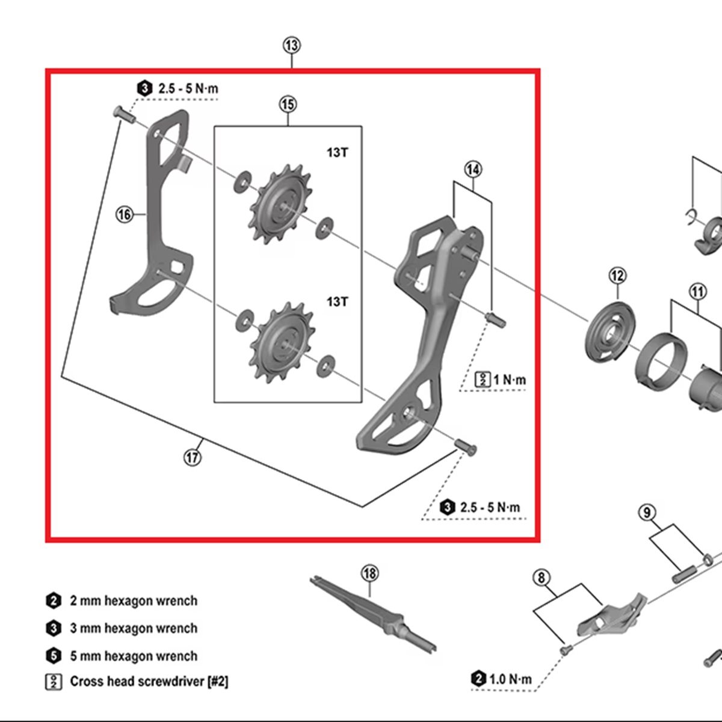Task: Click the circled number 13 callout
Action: tap(291, 45)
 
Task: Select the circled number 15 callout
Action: tap(288, 105)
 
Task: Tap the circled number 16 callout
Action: tap(125, 214)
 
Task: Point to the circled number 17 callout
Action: tap(193, 457)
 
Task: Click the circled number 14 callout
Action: tap(473, 170)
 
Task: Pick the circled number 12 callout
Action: tap(617, 276)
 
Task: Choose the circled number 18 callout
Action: tap(369, 573)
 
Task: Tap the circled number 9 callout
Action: tap(647, 513)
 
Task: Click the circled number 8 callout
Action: tap(541, 578)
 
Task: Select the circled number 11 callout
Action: tap(697, 292)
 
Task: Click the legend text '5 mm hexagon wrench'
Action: tap(133, 656)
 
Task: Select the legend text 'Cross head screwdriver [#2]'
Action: tap(149, 682)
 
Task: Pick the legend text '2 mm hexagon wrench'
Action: tap(133, 600)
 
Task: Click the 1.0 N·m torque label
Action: tap(510, 679)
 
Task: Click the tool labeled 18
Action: tap(373, 614)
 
